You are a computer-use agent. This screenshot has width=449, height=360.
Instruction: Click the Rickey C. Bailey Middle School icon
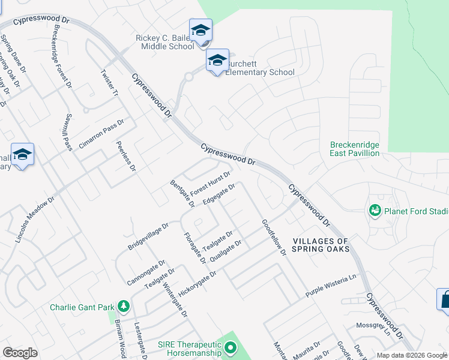200,29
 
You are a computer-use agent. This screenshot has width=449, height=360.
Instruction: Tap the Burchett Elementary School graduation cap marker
217,60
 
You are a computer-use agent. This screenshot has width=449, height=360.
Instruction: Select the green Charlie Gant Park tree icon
124,307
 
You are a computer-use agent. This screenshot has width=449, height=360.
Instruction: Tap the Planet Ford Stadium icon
376,211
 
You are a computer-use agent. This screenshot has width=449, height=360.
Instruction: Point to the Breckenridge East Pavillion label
355,149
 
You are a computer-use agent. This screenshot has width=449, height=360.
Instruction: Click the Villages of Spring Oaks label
321,245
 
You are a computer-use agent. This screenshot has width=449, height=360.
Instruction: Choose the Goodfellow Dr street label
273,238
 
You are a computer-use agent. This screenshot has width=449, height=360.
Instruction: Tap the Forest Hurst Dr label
211,182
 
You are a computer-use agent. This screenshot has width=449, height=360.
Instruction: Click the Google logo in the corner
20,353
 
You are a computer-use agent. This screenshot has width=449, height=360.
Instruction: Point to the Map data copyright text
411,355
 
